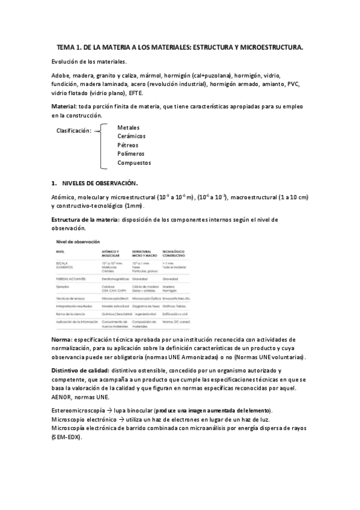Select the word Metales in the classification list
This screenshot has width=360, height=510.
click(129, 128)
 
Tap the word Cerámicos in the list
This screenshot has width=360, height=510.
click(132, 137)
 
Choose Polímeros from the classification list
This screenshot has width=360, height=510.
click(132, 154)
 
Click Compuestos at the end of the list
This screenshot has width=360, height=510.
click(134, 162)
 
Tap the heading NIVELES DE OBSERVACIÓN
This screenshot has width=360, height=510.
click(100, 182)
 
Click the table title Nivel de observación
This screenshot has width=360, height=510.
click(77, 241)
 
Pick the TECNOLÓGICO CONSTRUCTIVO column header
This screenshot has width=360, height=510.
click(174, 253)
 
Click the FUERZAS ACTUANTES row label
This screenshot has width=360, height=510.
click(70, 278)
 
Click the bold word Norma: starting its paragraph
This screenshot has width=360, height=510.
click(62, 340)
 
